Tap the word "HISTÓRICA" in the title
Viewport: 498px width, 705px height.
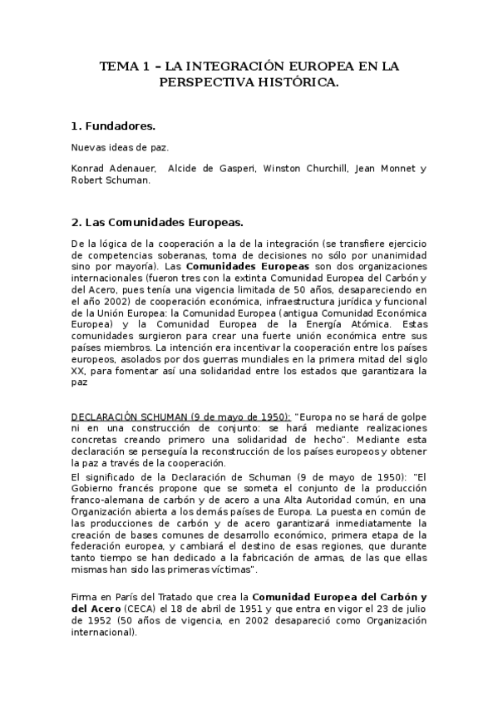[296, 83]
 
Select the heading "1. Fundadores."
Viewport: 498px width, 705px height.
[113, 126]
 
